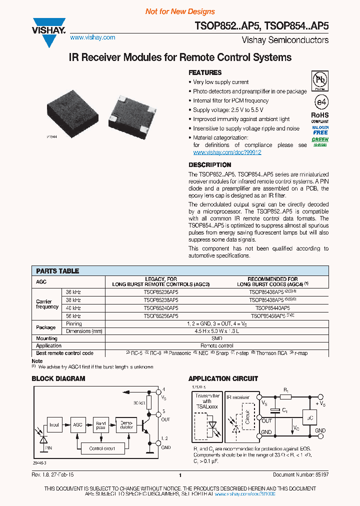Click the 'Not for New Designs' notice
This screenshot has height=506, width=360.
pyautogui.click(x=180, y=11)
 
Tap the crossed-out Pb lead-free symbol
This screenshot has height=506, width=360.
pyautogui.click(x=320, y=80)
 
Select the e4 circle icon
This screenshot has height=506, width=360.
pyautogui.click(x=320, y=101)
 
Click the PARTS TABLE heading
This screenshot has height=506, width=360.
pyautogui.click(x=57, y=271)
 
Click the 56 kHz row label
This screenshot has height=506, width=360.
pyautogui.click(x=73, y=316)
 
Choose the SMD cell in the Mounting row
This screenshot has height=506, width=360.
pyautogui.click(x=217, y=338)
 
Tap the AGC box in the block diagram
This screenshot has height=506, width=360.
pyautogui.click(x=77, y=424)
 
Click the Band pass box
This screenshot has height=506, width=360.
pyautogui.click(x=101, y=425)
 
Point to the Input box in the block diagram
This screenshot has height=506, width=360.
pyautogui.click(x=54, y=425)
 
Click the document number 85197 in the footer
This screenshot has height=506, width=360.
pyautogui.click(x=320, y=475)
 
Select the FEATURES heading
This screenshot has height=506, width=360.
pyautogui.click(x=205, y=72)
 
